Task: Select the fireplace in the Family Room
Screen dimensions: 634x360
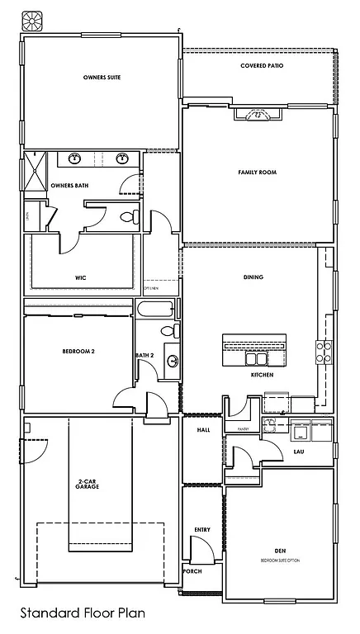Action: coord(257,116)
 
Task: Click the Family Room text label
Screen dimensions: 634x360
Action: coord(257,172)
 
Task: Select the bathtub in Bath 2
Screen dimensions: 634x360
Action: coord(155,311)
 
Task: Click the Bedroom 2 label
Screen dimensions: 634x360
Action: coord(78,352)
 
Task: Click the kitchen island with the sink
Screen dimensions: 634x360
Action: coord(254,352)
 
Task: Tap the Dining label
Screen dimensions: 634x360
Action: coord(253,277)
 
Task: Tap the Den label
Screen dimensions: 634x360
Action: coord(280,550)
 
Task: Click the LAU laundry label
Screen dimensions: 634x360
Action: coord(299,452)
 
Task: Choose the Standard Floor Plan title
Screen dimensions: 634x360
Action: coord(83,613)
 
